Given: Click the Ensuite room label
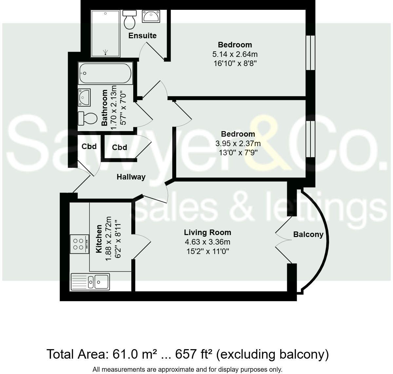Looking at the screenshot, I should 142,36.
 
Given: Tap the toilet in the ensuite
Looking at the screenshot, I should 130,20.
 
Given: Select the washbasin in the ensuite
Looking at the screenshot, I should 151,16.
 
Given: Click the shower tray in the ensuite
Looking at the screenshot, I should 105,33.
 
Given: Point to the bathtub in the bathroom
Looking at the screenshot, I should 105,73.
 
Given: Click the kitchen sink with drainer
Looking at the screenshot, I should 90,281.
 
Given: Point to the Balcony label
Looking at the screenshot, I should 308,234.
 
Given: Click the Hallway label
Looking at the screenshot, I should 131,177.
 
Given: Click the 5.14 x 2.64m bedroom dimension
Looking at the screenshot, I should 234,54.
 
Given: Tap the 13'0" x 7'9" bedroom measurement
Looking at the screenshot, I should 238,152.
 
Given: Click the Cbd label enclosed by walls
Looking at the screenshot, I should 120,147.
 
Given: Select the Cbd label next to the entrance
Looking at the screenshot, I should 89,146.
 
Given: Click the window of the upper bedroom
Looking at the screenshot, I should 310,52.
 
